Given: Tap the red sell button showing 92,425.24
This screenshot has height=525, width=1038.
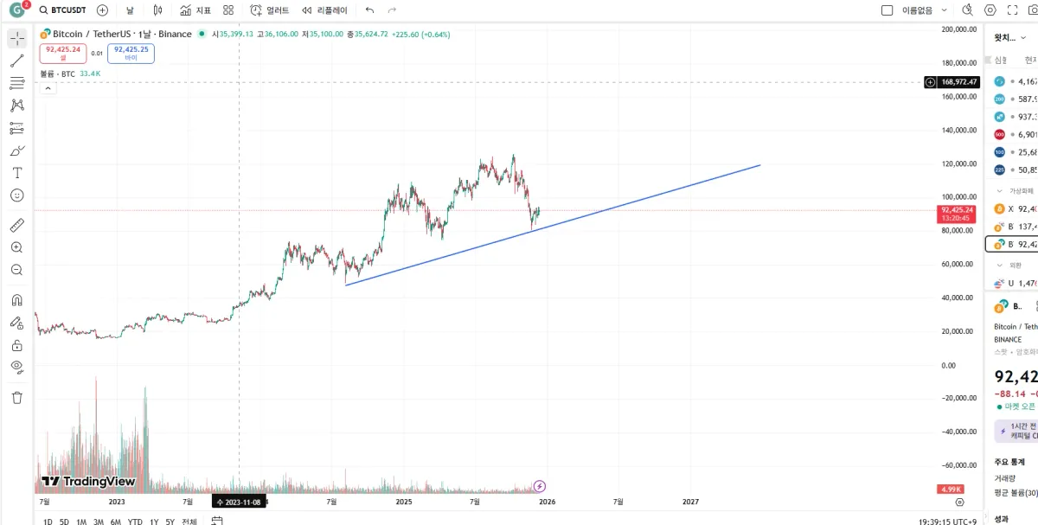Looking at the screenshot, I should pos(63,54).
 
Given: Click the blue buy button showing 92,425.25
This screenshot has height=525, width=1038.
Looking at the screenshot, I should pos(131,54).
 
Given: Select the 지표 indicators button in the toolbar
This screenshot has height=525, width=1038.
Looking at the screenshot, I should pos(195,10).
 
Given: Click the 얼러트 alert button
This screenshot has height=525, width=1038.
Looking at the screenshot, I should pos(270,10).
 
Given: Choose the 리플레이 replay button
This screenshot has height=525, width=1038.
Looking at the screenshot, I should pos(325,10).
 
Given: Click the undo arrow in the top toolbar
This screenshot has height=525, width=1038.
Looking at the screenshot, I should pos(370,10).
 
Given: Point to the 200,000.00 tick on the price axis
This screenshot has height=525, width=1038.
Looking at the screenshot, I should pos(960,29).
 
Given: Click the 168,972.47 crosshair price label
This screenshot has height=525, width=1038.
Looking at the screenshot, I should pos(959,82).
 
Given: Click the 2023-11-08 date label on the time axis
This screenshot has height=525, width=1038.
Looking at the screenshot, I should pos(239,502).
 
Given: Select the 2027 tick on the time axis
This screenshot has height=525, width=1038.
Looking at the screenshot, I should pos(690,502).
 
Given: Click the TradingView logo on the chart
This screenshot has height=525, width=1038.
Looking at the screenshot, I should pos(88,482).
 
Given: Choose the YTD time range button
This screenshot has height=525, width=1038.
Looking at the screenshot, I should pos(135,522).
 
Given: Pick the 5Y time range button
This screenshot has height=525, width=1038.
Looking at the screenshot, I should pos(170,522).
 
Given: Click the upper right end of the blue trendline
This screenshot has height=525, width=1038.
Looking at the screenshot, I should pos(759,165).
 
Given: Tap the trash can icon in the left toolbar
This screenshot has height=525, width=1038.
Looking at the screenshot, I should pos(16,398).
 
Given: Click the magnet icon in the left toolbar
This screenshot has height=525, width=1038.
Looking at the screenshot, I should pos(16,300).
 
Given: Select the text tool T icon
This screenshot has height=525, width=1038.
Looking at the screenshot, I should pos(16,173).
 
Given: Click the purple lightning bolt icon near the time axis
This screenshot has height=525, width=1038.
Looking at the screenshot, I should pos(540,486).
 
